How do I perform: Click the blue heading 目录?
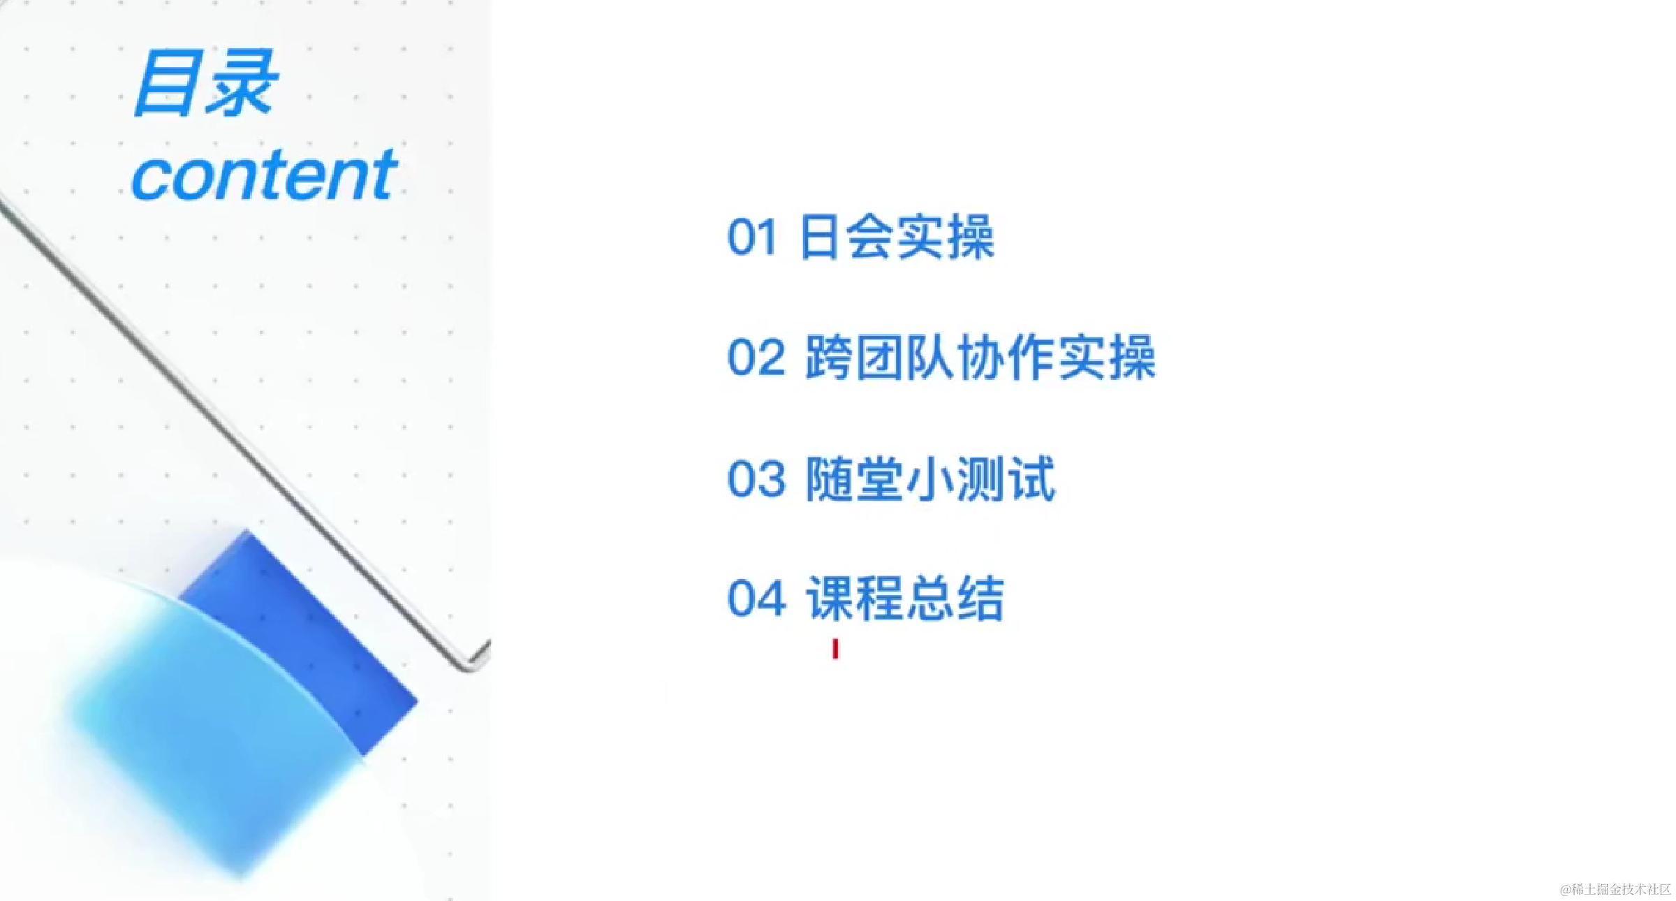(206, 84)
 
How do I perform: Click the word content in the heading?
(264, 175)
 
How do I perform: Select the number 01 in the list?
(751, 237)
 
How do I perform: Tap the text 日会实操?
(897, 237)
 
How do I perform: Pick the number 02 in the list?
(756, 358)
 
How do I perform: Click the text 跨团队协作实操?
(980, 358)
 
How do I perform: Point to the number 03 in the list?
(756, 479)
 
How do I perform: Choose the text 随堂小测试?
(929, 479)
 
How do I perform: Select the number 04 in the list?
(756, 599)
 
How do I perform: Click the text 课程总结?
(905, 599)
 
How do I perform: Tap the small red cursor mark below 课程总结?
(835, 649)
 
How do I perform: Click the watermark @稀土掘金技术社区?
(1615, 889)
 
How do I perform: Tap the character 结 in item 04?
(980, 599)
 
